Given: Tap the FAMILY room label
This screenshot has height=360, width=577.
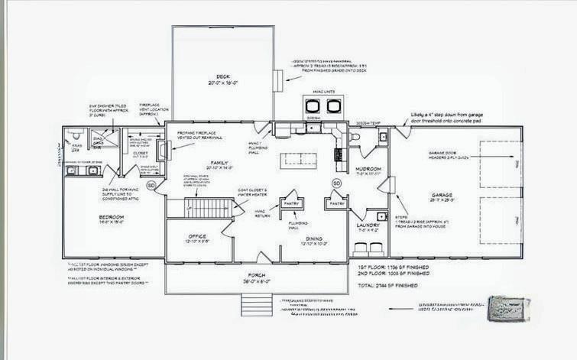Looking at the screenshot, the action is click(x=217, y=164).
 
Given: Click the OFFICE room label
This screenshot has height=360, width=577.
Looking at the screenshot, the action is click(x=196, y=238).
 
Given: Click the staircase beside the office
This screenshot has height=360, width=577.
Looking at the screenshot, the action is click(x=208, y=209).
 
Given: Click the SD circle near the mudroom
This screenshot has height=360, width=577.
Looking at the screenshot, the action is click(x=336, y=183).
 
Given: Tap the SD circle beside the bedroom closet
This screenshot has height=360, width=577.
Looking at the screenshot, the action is click(x=151, y=185).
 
